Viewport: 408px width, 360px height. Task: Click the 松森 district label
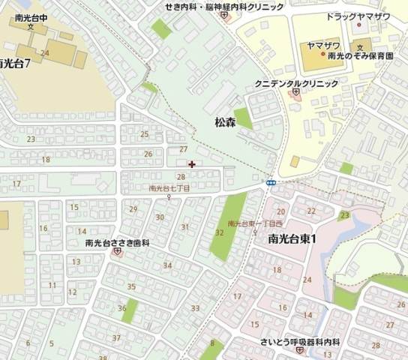[225, 122]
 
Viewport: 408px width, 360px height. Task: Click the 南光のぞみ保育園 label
[361, 56]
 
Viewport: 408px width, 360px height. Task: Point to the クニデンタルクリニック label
[296, 83]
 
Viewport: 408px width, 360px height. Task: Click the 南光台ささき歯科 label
[118, 243]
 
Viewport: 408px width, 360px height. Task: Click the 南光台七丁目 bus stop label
[169, 189]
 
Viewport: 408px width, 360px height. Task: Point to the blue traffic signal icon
[271, 182]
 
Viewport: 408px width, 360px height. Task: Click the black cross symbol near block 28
[192, 163]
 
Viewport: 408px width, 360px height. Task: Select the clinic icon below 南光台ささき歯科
[117, 253]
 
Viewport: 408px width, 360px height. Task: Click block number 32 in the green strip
[219, 232]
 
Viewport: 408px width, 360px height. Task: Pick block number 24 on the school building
[45, 52]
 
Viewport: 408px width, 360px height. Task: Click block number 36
[121, 308]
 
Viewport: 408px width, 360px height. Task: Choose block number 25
[144, 134]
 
